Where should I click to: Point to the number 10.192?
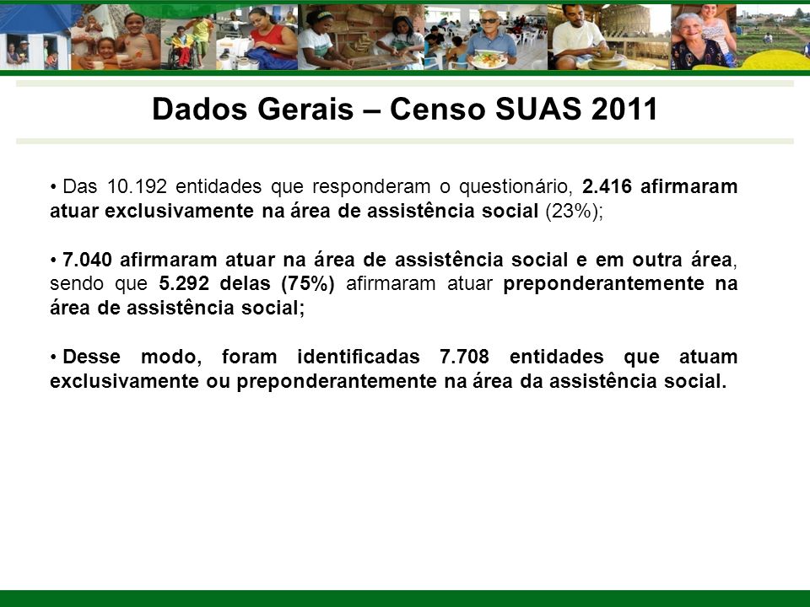click(x=137, y=186)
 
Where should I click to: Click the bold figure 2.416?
click(x=607, y=186)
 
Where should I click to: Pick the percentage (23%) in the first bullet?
click(x=572, y=211)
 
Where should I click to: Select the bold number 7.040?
click(x=87, y=260)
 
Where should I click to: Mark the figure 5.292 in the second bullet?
click(x=184, y=283)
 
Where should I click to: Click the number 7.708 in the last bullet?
click(x=464, y=357)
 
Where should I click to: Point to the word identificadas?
click(x=359, y=357)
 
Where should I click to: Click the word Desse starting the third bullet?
click(x=91, y=357)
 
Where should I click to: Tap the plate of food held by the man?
click(x=488, y=61)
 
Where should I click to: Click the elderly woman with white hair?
click(x=694, y=42)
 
